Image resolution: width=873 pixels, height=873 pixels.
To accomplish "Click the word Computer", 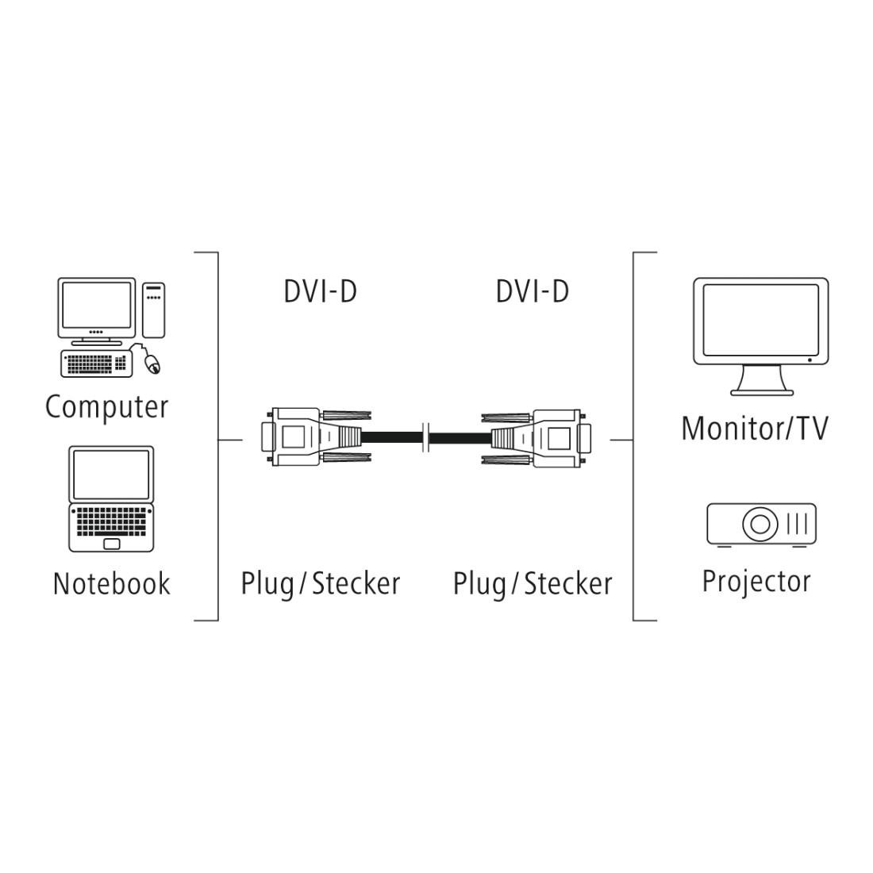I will [x=106, y=407].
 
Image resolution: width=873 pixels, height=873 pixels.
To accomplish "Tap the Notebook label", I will [x=111, y=583].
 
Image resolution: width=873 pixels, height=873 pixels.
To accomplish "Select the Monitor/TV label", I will [x=754, y=429].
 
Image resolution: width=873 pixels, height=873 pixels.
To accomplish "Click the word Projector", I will [x=756, y=581].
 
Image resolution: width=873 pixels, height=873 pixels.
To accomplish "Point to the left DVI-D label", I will [x=320, y=291].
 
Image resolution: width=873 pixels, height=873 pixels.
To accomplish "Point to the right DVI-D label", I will [x=532, y=291].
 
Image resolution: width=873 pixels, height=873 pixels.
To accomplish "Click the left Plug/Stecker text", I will [x=320, y=583].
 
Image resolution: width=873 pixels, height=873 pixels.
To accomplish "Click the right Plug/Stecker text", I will [x=532, y=583].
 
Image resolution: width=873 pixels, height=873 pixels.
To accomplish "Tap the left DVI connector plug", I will [x=306, y=436].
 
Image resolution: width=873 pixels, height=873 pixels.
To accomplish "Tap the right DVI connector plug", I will [x=548, y=436].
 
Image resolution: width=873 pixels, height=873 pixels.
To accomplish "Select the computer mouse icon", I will [x=152, y=364].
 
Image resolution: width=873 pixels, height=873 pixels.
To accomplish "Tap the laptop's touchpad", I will [x=112, y=544].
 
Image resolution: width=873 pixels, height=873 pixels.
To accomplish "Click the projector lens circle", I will [x=760, y=524].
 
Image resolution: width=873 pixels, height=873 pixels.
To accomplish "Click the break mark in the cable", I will [x=428, y=436].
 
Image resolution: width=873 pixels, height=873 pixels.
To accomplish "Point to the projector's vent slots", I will [x=797, y=524].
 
